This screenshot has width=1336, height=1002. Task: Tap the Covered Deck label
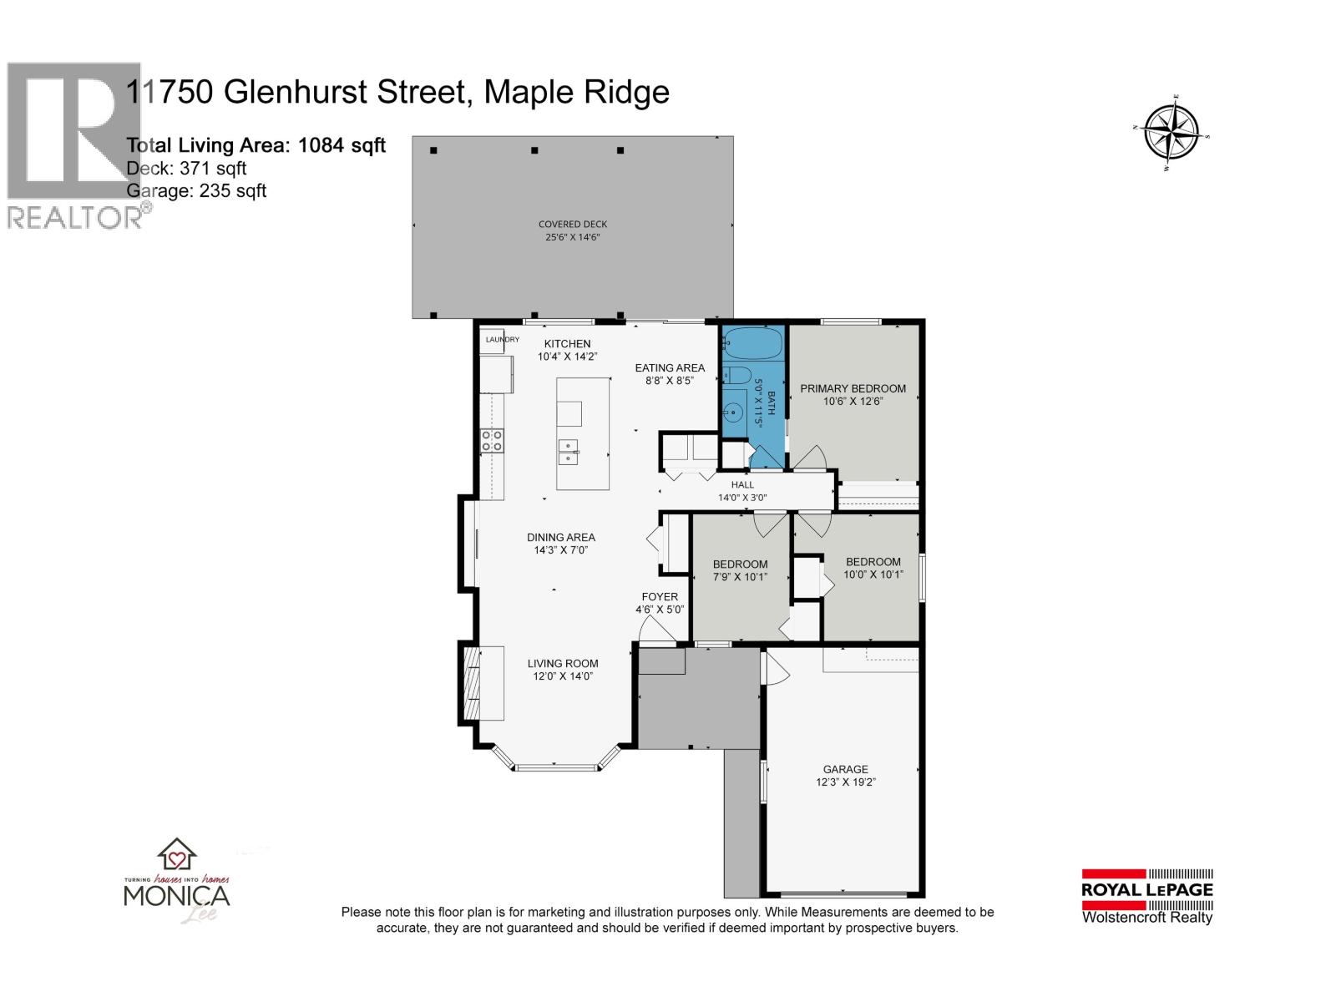pyautogui.click(x=573, y=224)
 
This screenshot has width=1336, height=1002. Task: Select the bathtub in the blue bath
pyautogui.click(x=751, y=344)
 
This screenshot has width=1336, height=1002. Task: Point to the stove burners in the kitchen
pyautogui.click(x=492, y=440)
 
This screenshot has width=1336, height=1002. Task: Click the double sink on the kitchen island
pyautogui.click(x=569, y=453)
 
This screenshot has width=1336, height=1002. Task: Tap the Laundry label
pyautogui.click(x=503, y=340)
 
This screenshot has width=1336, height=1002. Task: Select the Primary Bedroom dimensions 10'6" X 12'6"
pyautogui.click(x=853, y=401)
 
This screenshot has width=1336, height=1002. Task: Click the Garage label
pyautogui.click(x=845, y=769)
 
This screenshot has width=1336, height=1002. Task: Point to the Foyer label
pyautogui.click(x=660, y=596)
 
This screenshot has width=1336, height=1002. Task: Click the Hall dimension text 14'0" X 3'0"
pyautogui.click(x=742, y=498)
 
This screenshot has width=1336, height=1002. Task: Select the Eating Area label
pyautogui.click(x=670, y=367)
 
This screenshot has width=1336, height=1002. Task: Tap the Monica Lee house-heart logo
pyautogui.click(x=177, y=855)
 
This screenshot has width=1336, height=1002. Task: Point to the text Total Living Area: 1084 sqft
pyautogui.click(x=256, y=145)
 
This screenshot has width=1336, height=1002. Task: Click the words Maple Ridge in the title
pyautogui.click(x=576, y=91)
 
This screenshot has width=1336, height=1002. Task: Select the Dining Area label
pyautogui.click(x=561, y=537)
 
